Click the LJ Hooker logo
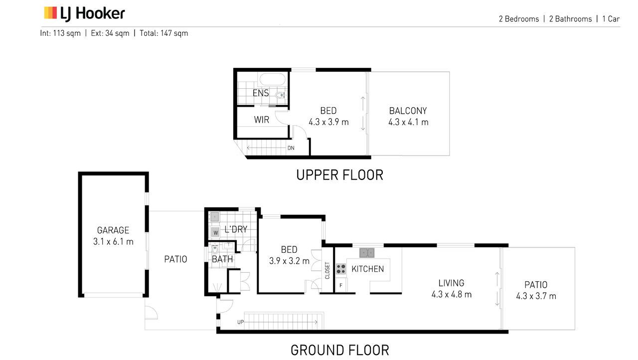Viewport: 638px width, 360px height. pyautogui.click(x=84, y=13)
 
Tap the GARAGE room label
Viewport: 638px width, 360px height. pyautogui.click(x=113, y=230)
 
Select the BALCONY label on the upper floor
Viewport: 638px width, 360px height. pyautogui.click(x=408, y=111)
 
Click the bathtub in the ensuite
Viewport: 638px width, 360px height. pyautogui.click(x=272, y=79)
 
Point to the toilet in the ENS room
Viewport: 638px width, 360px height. pyautogui.click(x=281, y=95)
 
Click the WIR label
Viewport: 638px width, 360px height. pyautogui.click(x=262, y=120)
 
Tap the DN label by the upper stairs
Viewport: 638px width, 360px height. pyautogui.click(x=291, y=148)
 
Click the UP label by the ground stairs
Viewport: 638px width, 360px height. pyautogui.click(x=240, y=322)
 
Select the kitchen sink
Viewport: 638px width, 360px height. pyautogui.click(x=367, y=253)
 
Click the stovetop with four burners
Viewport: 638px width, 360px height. pyautogui.click(x=341, y=269)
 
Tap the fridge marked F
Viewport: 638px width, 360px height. pyautogui.click(x=341, y=285)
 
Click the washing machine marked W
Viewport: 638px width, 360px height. pyautogui.click(x=215, y=232)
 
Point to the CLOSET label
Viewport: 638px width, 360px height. pyautogui.click(x=327, y=271)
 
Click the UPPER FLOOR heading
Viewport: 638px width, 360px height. pyautogui.click(x=340, y=175)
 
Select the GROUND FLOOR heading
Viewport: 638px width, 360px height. pyautogui.click(x=340, y=350)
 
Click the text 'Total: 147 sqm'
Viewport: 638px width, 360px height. pyautogui.click(x=164, y=33)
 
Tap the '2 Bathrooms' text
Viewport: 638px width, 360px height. pyautogui.click(x=571, y=19)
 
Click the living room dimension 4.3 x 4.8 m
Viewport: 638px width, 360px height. pyautogui.click(x=452, y=294)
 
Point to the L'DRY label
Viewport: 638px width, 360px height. pyautogui.click(x=236, y=229)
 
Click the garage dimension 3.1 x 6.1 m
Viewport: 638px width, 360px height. pyautogui.click(x=113, y=241)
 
